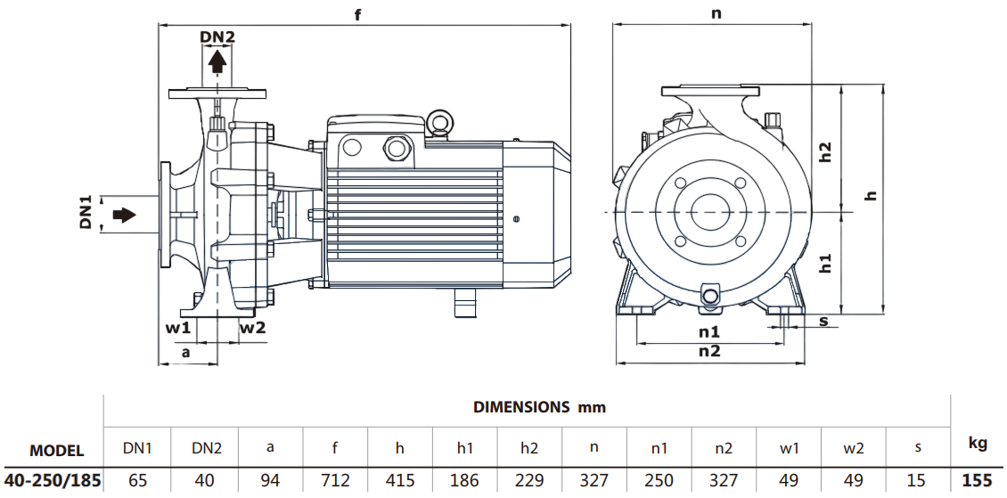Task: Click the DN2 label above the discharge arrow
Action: click(x=217, y=37)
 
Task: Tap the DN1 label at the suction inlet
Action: click(x=86, y=216)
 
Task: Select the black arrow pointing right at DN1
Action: click(x=124, y=216)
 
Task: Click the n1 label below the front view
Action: click(x=709, y=331)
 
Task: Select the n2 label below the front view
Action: click(x=709, y=350)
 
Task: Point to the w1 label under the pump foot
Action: click(x=178, y=327)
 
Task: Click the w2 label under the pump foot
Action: click(x=252, y=327)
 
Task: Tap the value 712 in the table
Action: click(x=335, y=481)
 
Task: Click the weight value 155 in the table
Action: click(x=977, y=481)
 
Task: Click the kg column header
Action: click(x=977, y=443)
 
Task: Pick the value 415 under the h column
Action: click(x=400, y=481)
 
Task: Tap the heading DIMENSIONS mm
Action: click(x=539, y=407)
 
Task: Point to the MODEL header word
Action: click(x=57, y=450)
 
